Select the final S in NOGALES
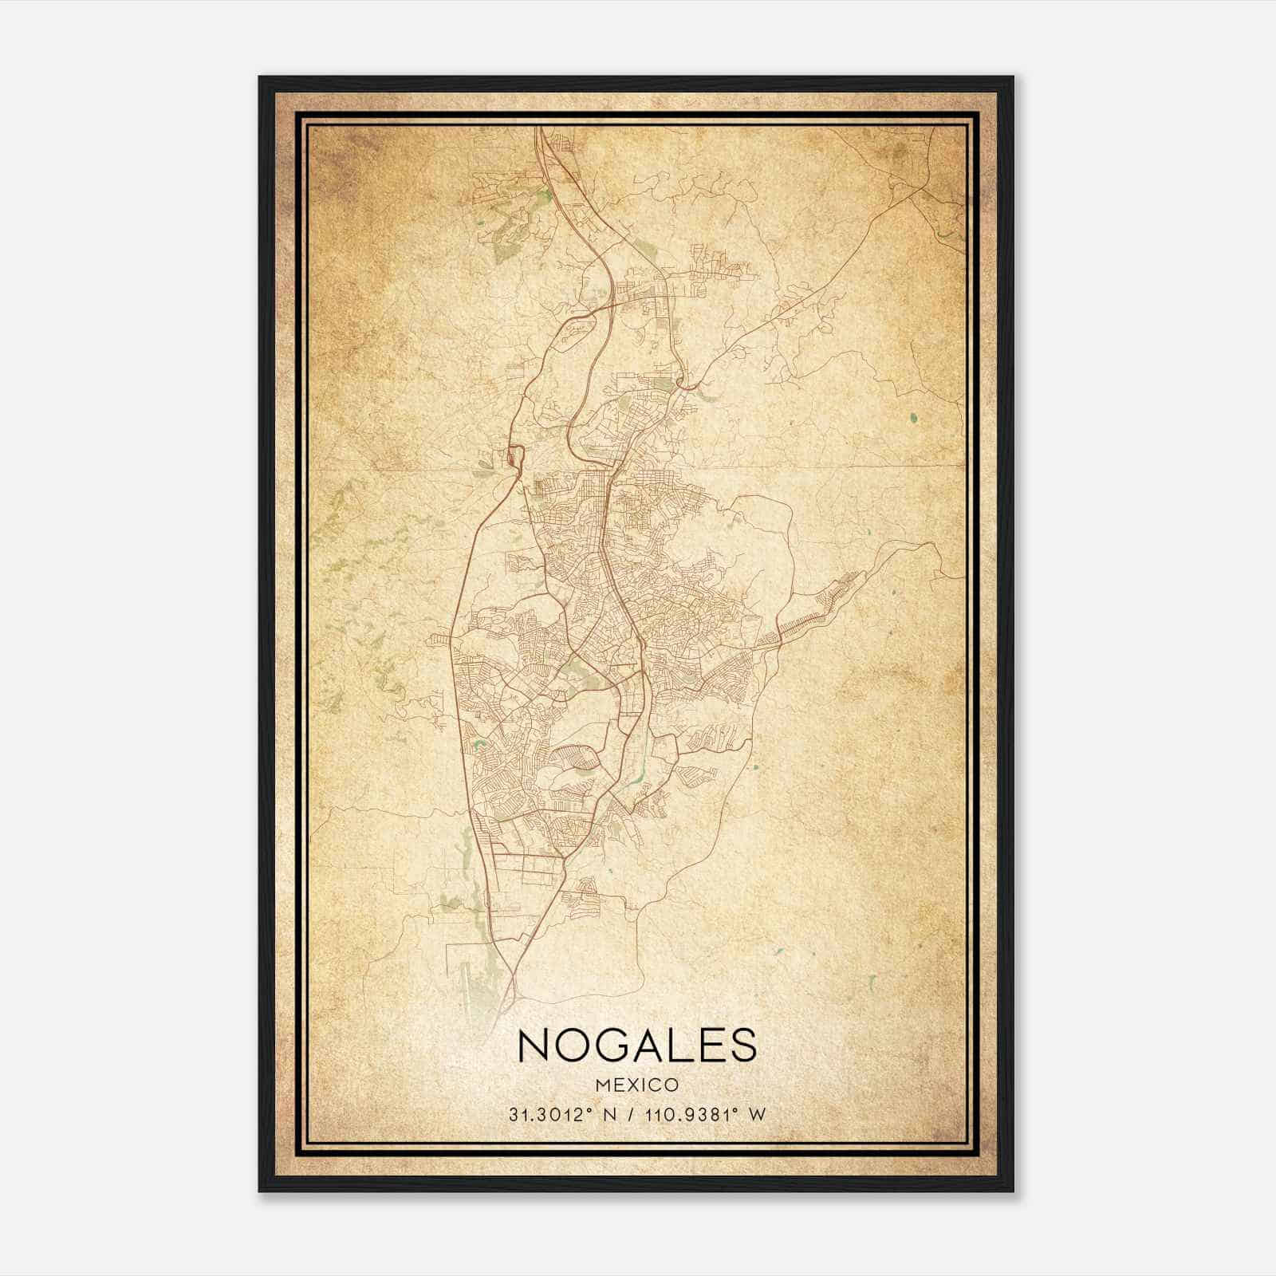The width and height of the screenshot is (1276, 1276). [742, 1046]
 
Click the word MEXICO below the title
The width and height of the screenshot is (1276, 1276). [637, 1085]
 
